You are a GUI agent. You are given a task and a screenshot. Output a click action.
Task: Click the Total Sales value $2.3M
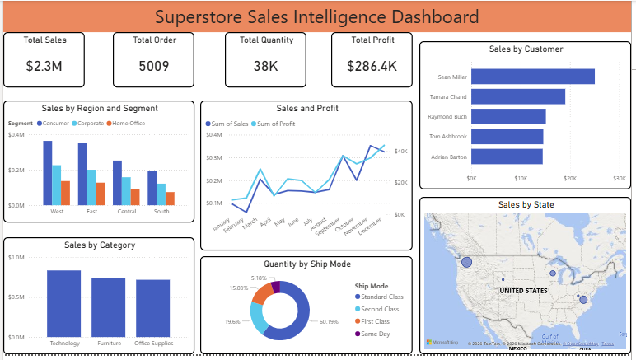44,66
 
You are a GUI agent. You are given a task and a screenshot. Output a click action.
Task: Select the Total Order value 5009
154,66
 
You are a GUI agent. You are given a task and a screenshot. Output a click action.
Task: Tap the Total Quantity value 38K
265,66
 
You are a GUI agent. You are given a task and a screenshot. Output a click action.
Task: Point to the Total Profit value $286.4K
372,66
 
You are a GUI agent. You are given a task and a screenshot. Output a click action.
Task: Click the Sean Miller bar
533,77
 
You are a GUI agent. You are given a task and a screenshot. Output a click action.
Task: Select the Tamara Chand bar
518,96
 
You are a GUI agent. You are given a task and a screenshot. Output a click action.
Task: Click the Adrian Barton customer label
449,157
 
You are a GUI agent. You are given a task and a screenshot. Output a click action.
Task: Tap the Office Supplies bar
153,308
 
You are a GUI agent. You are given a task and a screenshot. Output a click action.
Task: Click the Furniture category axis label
109,344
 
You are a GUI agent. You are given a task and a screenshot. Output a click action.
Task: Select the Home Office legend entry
130,123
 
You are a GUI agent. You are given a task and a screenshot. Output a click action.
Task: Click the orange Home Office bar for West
65,193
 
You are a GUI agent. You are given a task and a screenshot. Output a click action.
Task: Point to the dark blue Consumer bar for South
152,188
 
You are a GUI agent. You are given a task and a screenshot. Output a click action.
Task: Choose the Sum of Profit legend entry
275,124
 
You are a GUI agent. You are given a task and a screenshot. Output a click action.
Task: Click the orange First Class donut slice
262,294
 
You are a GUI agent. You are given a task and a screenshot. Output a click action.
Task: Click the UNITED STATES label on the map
523,292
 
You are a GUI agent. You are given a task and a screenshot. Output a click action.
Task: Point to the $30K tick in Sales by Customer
619,178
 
